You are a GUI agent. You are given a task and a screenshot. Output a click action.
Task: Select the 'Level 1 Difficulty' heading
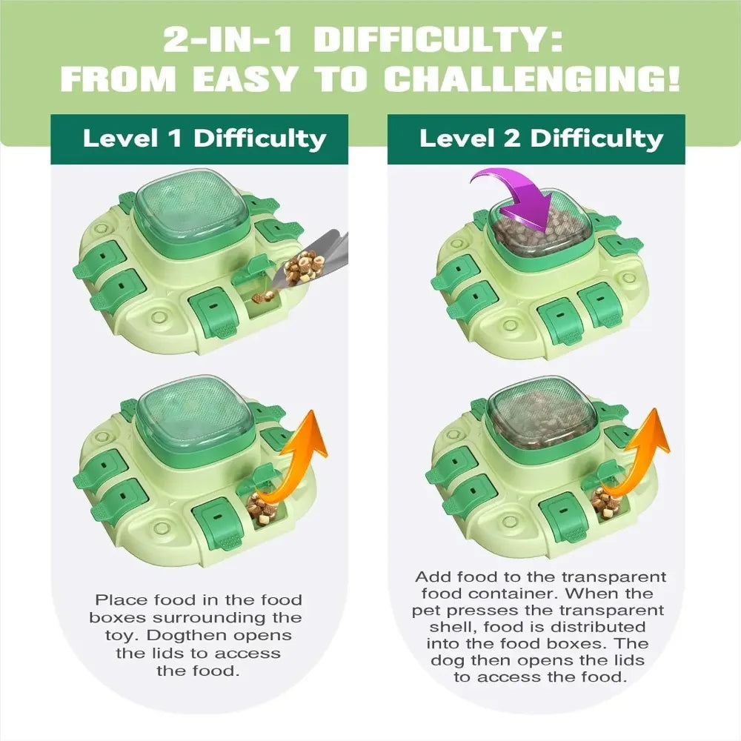205,139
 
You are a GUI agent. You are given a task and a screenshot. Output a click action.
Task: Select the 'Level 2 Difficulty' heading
541,139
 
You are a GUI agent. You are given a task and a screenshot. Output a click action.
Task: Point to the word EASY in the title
245,79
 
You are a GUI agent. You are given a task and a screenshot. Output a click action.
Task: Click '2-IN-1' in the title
229,39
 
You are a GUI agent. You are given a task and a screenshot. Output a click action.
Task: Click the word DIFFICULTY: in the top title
438,39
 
